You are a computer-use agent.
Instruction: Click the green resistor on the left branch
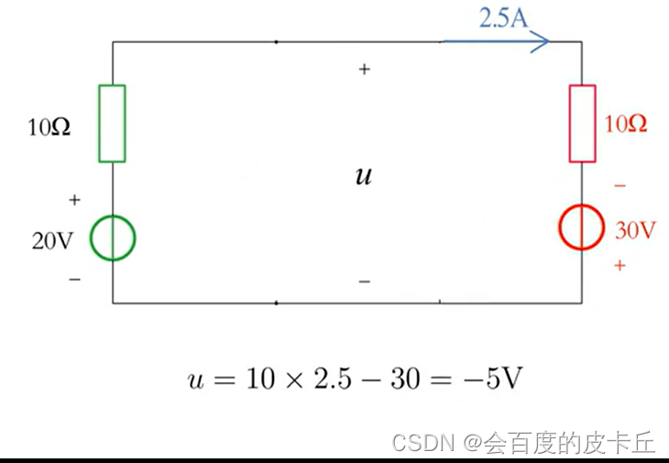pos(112,123)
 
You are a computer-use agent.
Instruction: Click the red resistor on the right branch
pos(583,124)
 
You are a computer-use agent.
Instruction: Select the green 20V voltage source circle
pos(112,238)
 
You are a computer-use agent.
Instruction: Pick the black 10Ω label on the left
pos(49,127)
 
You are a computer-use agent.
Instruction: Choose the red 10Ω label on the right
pos(626,125)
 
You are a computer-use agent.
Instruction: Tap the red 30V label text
pos(635,230)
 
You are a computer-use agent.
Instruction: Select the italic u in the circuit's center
pos(364,176)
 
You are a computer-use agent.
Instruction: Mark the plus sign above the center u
pos(364,69)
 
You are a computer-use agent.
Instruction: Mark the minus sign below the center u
pos(364,281)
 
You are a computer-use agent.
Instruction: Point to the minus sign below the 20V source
pos(74,278)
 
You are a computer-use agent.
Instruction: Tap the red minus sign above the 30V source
pos(620,186)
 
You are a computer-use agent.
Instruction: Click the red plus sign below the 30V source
pos(620,266)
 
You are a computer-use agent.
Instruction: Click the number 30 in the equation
pos(403,380)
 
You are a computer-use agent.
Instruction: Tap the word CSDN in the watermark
pos(422,444)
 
